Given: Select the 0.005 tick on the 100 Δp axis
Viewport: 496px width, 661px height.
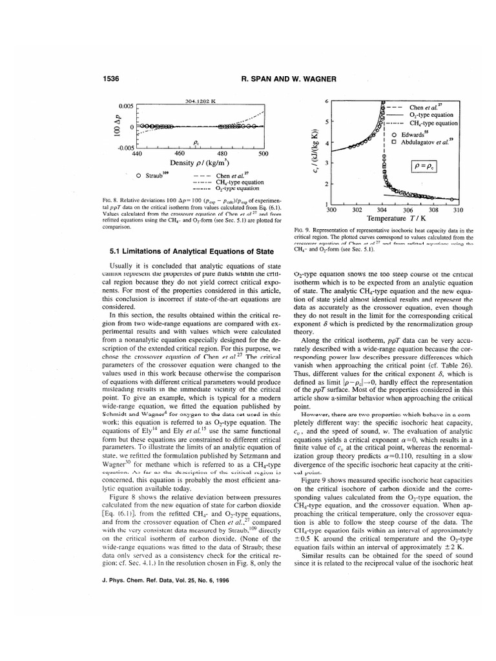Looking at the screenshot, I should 126,106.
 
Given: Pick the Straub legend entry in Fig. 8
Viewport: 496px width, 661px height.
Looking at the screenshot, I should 152,175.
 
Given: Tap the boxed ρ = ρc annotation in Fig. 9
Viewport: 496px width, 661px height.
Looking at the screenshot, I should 424,166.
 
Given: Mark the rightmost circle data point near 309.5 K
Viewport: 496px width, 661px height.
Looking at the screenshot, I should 452,199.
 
